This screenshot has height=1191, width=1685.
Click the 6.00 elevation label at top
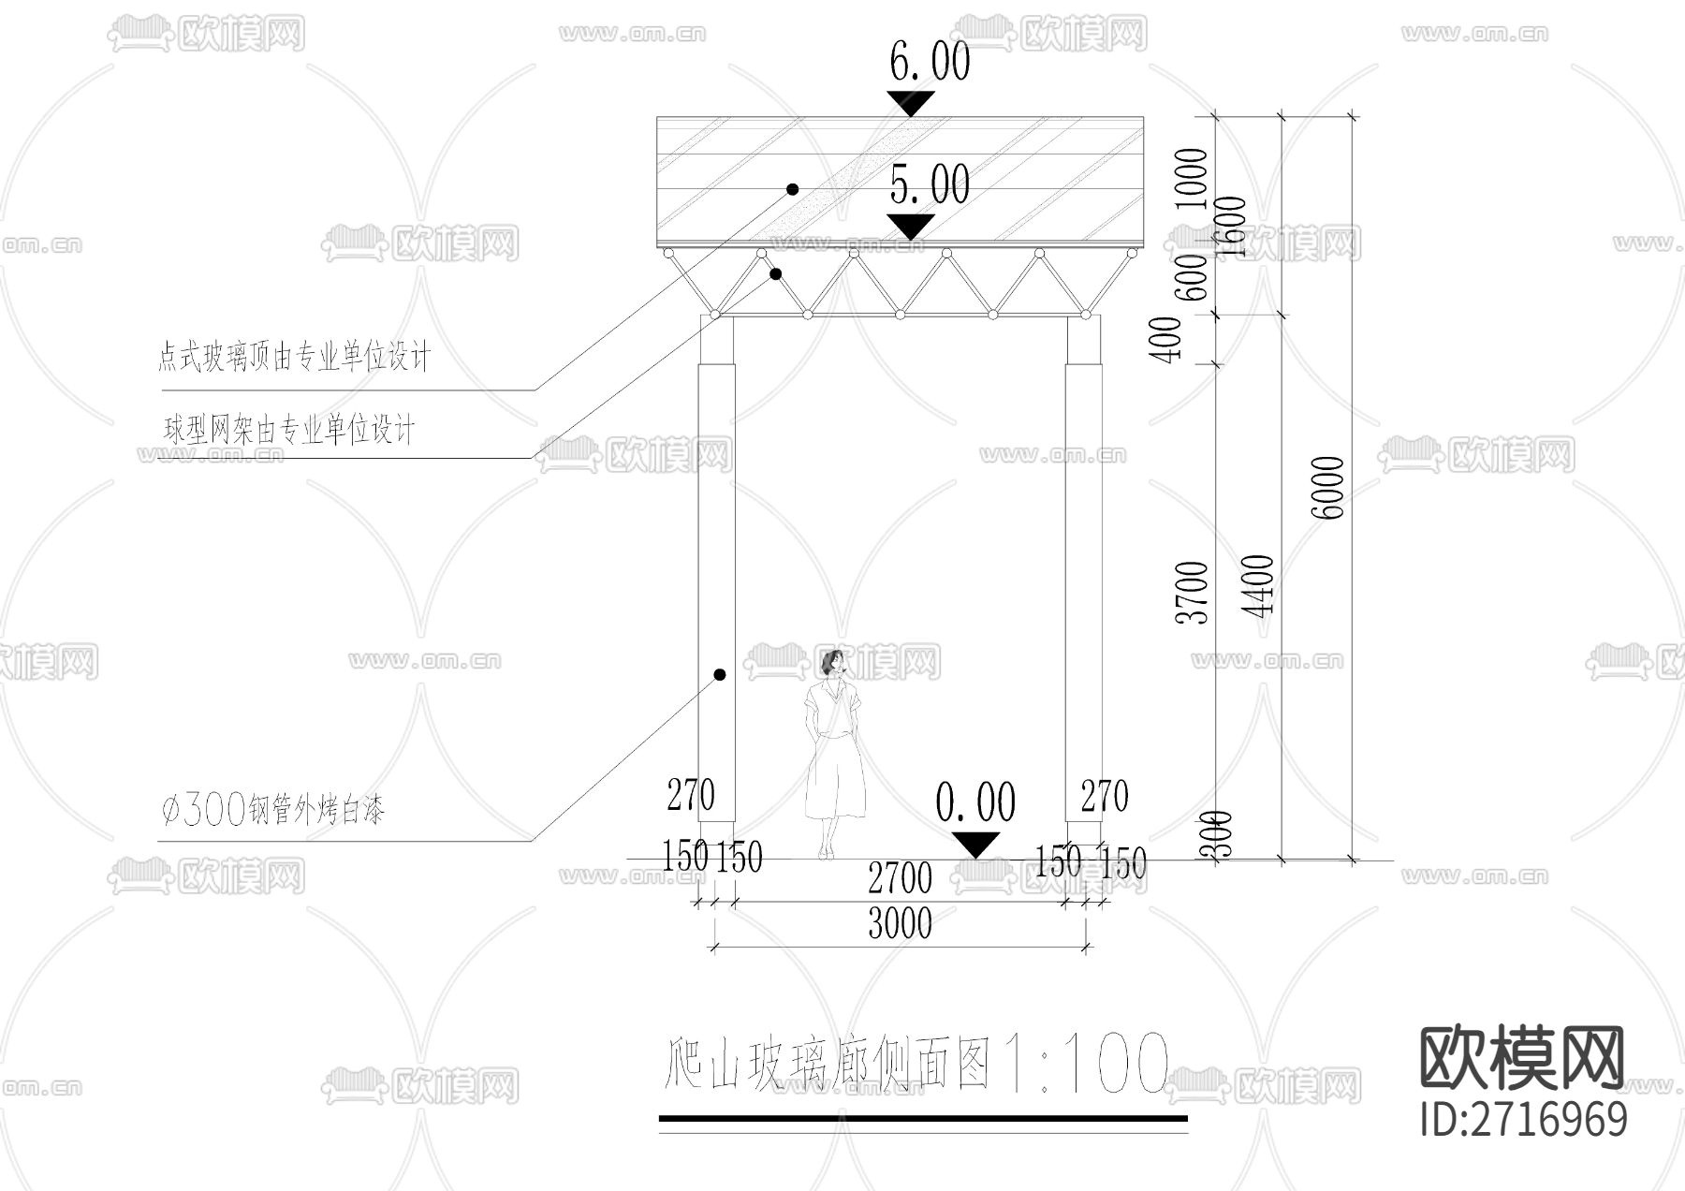(929, 63)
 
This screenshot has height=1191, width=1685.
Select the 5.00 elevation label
(929, 184)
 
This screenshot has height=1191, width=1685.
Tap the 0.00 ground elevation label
(975, 803)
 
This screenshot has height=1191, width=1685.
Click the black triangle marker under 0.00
(975, 844)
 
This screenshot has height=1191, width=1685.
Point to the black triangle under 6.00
(911, 102)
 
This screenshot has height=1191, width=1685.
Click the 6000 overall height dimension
(1328, 488)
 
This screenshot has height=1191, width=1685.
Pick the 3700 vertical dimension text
(1194, 592)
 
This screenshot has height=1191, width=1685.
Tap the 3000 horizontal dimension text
(900, 924)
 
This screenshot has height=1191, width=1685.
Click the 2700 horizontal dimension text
(900, 879)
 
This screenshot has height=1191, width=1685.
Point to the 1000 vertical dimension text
(1192, 179)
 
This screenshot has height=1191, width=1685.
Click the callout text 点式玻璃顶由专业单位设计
(294, 357)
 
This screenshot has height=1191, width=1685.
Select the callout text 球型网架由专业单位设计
(288, 431)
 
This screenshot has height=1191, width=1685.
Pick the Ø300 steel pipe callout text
(272, 810)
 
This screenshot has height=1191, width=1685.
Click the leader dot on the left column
(720, 674)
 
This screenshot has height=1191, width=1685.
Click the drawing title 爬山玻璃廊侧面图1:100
(916, 1063)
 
